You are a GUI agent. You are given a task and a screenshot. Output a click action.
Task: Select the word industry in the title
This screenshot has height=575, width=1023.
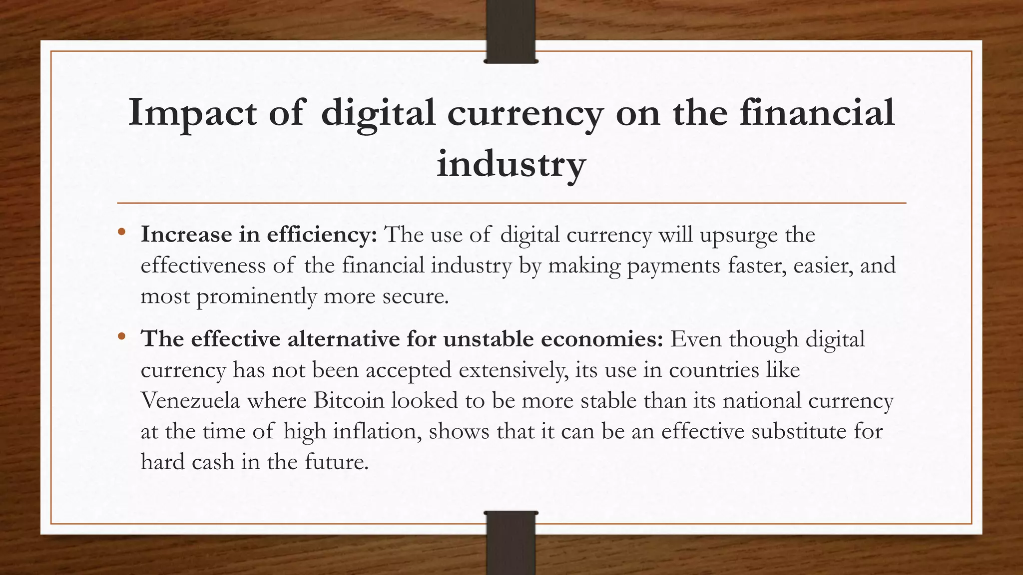[x=511, y=164]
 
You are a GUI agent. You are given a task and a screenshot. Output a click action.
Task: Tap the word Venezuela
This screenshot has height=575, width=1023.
[x=190, y=401]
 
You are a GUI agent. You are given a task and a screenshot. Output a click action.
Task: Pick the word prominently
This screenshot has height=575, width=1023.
[x=256, y=296]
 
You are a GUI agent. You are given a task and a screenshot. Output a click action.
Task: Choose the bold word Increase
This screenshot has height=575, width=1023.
[x=186, y=235]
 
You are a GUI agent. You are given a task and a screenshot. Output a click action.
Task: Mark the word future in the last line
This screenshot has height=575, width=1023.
[x=336, y=462]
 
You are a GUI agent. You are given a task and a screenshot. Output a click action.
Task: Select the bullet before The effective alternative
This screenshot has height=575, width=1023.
[x=121, y=337]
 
